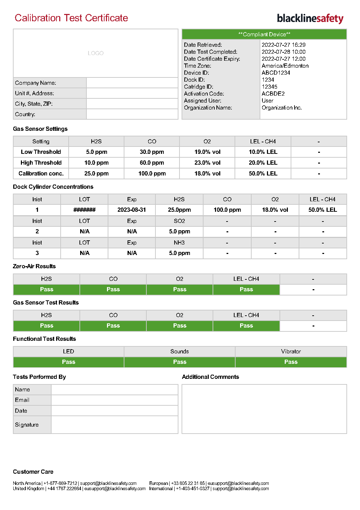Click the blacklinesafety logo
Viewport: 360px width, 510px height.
click(310, 18)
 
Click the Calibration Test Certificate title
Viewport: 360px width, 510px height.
click(71, 18)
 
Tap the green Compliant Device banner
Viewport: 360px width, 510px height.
click(264, 34)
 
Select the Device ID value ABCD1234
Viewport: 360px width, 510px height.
click(276, 73)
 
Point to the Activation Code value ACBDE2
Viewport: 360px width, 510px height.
click(273, 93)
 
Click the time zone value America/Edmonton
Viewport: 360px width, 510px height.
click(285, 66)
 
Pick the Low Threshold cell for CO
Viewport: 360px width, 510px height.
click(152, 152)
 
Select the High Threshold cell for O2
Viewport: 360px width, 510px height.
click(207, 163)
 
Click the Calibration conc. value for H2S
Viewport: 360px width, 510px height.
click(97, 173)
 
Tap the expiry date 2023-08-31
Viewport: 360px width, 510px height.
click(132, 210)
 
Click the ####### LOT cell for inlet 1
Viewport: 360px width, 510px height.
click(84, 210)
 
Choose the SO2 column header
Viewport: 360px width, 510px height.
click(179, 221)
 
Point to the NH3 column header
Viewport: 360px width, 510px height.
click(179, 242)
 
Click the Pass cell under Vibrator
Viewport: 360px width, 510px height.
click(291, 362)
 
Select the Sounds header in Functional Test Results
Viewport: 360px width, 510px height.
click(179, 351)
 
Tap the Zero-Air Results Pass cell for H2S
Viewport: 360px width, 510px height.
click(46, 289)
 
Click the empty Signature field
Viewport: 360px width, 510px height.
click(114, 425)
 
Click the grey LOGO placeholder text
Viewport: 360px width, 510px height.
click(95, 53)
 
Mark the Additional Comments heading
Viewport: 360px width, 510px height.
click(210, 377)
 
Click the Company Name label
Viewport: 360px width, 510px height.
click(36, 83)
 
